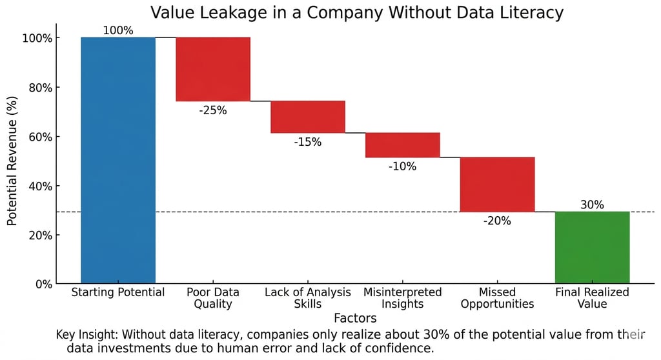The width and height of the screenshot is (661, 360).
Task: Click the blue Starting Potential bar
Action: click(118, 160)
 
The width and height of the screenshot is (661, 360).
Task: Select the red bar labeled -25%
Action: click(213, 69)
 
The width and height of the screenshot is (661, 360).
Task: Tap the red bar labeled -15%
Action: click(308, 117)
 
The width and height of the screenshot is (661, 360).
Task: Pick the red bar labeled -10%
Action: click(403, 145)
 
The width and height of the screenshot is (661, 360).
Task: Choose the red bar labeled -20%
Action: click(497, 185)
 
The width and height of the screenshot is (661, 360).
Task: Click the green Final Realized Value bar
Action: click(592, 247)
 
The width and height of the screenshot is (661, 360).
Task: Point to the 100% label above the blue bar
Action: click(118, 30)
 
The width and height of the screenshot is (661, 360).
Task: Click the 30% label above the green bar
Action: click(592, 205)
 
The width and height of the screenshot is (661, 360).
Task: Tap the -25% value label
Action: click(213, 110)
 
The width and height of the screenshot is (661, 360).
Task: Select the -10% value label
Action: click(403, 166)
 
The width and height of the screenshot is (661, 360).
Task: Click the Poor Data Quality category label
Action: click(213, 298)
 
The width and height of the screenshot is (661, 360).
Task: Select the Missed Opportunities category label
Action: click(497, 298)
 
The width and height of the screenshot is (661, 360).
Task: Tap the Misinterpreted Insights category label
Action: click(403, 298)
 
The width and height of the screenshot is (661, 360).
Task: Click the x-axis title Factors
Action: click(355, 318)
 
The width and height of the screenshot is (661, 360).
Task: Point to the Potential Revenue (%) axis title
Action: click(12, 161)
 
